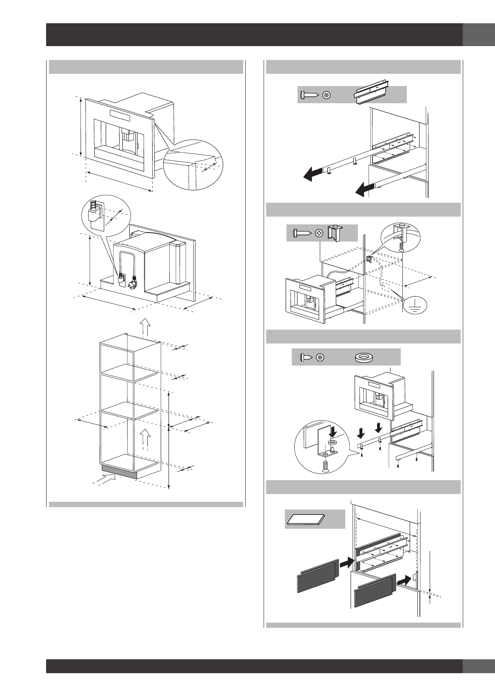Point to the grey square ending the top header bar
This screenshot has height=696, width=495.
(478, 35)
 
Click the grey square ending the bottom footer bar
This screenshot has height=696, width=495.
(478, 666)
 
